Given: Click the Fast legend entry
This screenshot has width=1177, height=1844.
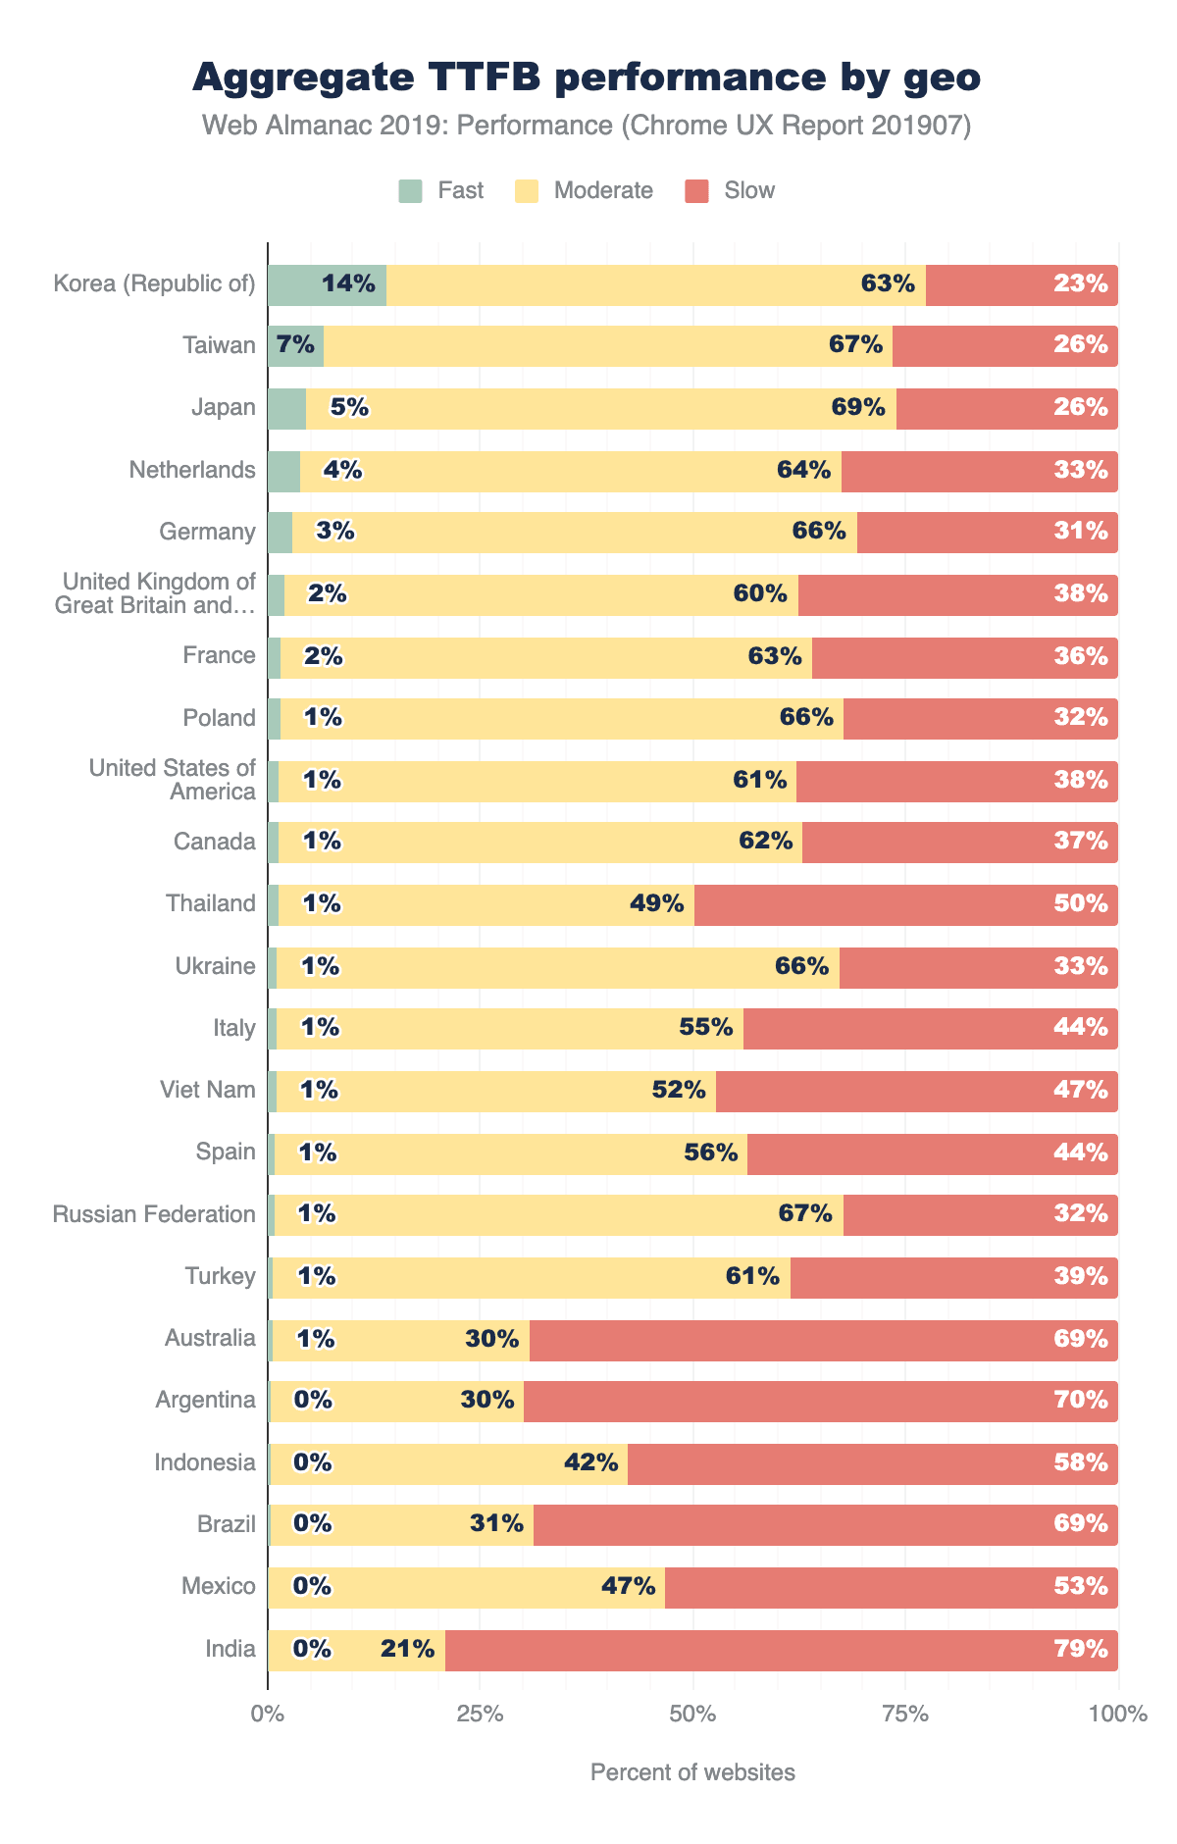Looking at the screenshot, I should tap(441, 190).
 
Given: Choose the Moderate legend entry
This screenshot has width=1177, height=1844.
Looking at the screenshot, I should tap(585, 190).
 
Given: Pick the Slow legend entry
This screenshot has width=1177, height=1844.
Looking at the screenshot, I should tap(731, 190).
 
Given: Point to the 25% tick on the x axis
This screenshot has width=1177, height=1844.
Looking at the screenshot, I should tap(481, 1715).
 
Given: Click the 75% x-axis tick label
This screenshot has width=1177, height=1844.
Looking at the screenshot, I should tap(905, 1715).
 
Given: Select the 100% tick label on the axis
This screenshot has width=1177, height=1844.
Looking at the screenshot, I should tap(1117, 1715).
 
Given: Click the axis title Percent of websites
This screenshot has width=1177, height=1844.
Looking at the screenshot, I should tap(692, 1772).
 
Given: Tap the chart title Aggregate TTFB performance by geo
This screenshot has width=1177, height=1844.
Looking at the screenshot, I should tap(587, 77).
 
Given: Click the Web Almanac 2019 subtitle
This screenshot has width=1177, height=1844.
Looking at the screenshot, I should tap(587, 127).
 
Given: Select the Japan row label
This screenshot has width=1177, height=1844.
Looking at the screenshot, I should tap(224, 408).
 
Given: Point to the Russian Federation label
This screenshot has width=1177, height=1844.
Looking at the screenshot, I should tap(154, 1214).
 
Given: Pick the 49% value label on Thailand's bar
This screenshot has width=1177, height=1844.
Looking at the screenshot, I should tap(656, 903).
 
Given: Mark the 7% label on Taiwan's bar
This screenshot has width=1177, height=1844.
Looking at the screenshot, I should tap(295, 345).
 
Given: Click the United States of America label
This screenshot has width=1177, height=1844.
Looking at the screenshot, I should tap(173, 780).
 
